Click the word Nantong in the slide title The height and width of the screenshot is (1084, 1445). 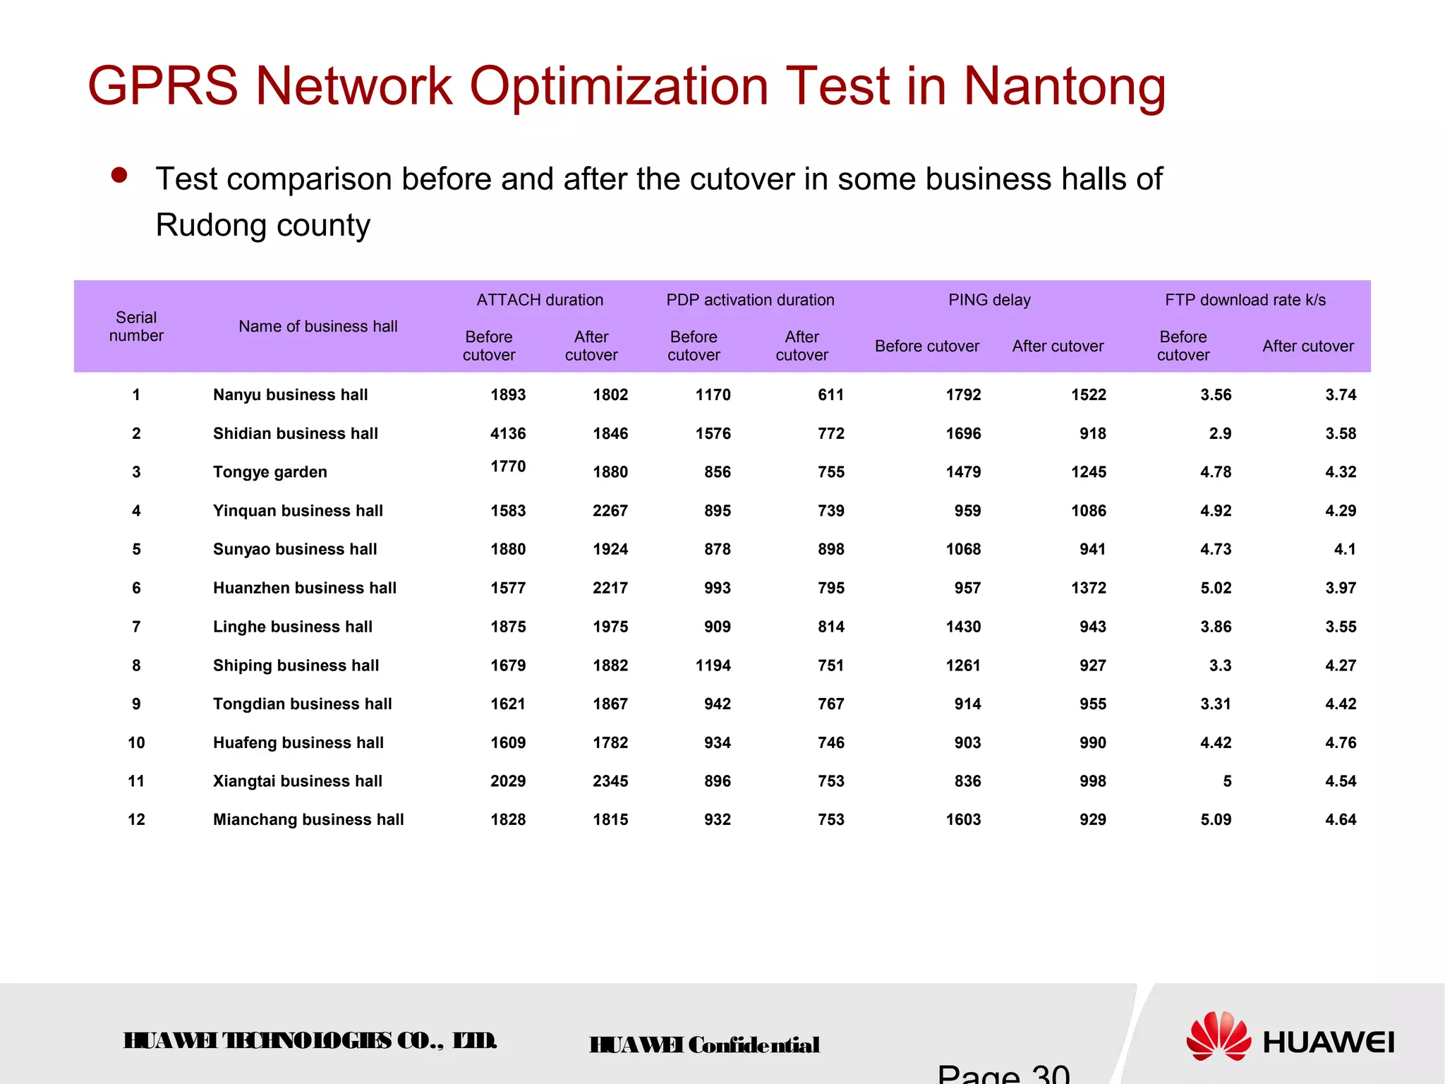[1064, 87]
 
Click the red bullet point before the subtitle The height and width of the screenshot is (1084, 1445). [119, 175]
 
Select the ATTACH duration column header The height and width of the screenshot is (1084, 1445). [540, 300]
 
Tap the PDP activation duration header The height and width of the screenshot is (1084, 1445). [750, 300]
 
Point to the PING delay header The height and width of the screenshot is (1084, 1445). [989, 300]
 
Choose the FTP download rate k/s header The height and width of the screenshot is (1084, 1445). [1245, 300]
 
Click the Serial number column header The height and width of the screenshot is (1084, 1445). [136, 327]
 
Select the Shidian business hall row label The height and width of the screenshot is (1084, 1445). [295, 433]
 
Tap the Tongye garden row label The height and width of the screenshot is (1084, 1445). [270, 472]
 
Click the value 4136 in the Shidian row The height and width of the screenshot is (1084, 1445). [508, 433]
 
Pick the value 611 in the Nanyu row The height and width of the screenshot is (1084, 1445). [830, 395]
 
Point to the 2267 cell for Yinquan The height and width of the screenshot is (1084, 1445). [610, 510]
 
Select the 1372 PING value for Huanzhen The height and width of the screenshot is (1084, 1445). [1088, 588]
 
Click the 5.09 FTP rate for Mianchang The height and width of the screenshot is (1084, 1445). [1216, 819]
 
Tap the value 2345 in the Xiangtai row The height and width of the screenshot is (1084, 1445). [610, 781]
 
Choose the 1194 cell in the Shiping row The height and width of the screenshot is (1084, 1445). [713, 666]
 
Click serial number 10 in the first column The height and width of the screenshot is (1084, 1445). [136, 742]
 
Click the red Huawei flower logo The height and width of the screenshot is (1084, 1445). [1219, 1036]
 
